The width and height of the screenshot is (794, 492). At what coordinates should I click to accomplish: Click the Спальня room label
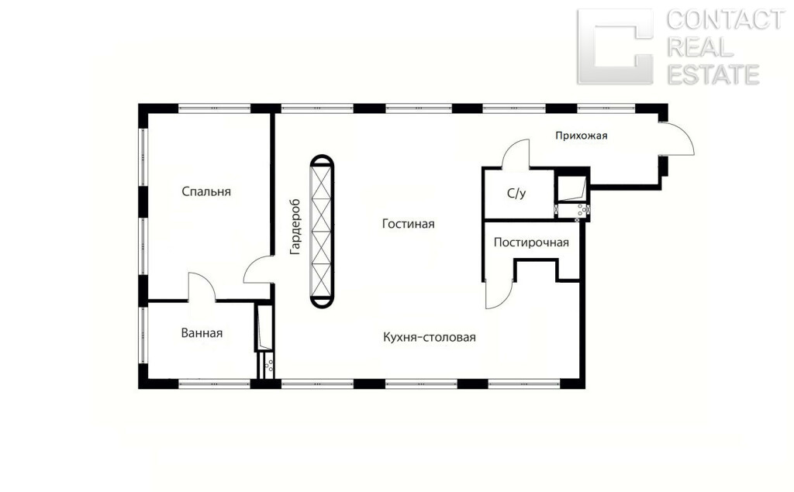pos(206,191)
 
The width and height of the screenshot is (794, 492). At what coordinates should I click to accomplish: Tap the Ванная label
pos(202,333)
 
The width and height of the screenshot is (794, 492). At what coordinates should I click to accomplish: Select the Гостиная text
pos(408,224)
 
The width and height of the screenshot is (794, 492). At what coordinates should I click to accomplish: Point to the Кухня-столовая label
pos(430,337)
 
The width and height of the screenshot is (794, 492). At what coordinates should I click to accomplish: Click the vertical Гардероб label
pos(295,226)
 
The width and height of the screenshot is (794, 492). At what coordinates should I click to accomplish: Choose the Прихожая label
pos(582,136)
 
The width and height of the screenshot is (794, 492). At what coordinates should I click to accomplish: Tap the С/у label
pos(516,193)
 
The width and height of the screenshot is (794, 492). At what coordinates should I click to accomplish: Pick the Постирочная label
pos(531,243)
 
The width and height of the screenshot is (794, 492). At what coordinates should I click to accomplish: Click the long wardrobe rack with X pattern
pos(322,232)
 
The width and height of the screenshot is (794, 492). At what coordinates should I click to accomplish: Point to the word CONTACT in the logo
pos(725,20)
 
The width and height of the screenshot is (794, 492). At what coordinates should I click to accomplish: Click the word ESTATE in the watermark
pos(713,74)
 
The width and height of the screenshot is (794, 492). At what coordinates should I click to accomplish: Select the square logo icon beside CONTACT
pos(615,46)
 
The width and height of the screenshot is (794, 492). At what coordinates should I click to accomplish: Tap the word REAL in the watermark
pos(700,47)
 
